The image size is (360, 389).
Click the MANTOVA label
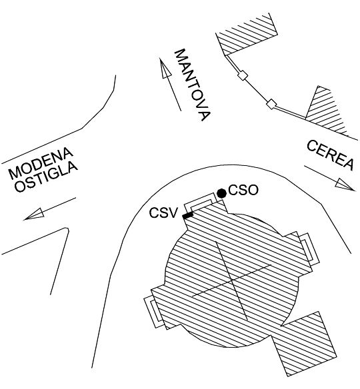(x=193, y=85)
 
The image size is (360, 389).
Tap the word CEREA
(x=330, y=155)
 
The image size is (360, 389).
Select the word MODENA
(x=41, y=163)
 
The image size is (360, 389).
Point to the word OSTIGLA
(x=46, y=177)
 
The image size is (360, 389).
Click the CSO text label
(x=243, y=191)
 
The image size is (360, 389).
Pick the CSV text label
(x=164, y=212)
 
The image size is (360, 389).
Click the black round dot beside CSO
(x=222, y=193)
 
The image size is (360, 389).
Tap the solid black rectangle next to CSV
(x=188, y=215)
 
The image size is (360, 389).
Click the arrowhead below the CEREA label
(x=345, y=185)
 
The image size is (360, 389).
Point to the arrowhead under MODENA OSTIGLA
(x=34, y=214)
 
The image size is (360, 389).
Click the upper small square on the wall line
(x=242, y=75)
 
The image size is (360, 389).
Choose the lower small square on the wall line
(x=271, y=104)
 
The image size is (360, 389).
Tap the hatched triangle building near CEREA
(x=325, y=112)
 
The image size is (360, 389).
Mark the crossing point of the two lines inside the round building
(x=231, y=280)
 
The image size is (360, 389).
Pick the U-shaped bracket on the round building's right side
(x=309, y=248)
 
